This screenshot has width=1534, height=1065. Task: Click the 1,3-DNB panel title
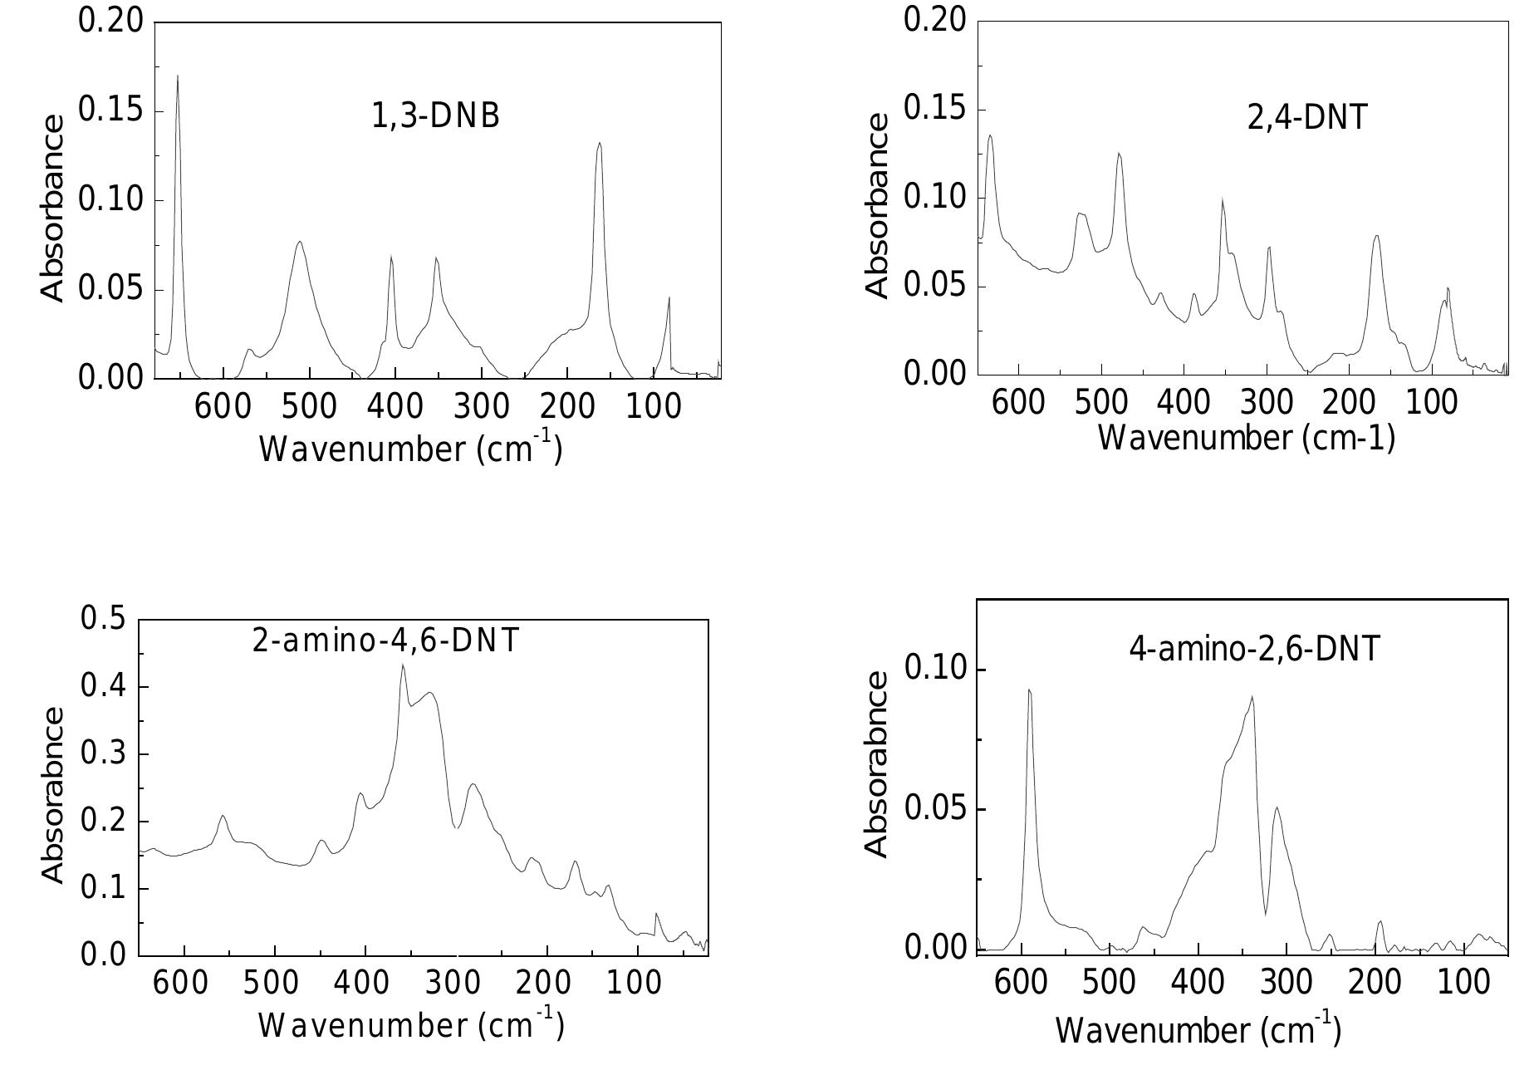tap(435, 116)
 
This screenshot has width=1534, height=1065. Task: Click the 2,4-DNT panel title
tap(1306, 118)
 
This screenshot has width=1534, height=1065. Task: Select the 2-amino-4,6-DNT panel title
tap(385, 640)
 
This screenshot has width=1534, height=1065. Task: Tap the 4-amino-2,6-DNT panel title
tap(1254, 649)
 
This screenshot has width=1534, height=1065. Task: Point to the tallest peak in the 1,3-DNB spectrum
tap(178, 76)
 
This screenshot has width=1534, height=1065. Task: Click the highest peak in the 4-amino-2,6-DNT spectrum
tap(1029, 690)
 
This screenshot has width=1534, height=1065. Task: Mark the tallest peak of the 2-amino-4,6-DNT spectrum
tap(403, 665)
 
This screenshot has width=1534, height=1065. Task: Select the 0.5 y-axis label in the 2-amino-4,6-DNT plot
tap(103, 619)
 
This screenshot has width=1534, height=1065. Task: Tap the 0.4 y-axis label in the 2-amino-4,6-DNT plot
tap(103, 687)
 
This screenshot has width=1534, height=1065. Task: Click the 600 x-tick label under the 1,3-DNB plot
tap(223, 407)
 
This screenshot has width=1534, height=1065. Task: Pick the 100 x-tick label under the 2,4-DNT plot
tap(1431, 403)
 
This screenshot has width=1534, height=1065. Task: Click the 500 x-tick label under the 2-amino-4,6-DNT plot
tap(274, 983)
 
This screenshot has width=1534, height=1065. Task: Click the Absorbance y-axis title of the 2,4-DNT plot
tap(877, 205)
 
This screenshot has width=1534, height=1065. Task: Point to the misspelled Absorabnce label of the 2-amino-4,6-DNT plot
tap(52, 794)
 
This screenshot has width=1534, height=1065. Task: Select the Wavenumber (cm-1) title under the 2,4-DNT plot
tap(1246, 438)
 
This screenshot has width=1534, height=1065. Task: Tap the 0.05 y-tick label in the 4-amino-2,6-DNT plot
tap(934, 809)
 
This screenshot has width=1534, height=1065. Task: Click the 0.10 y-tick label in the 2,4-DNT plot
tap(934, 198)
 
